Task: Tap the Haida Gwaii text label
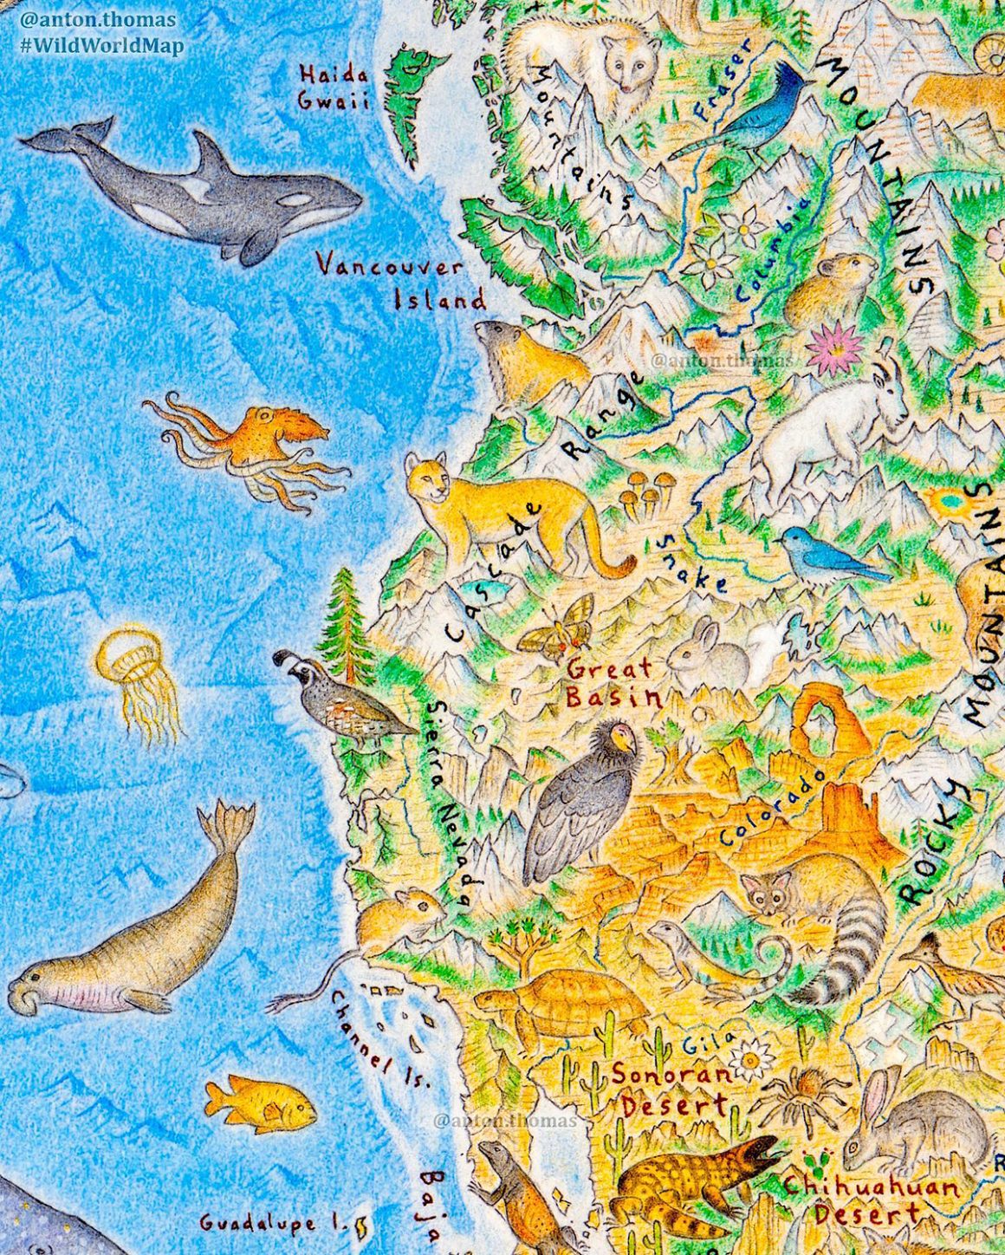coord(334,87)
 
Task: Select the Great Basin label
coord(611,683)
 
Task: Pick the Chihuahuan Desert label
coord(871,1200)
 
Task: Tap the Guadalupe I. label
coord(273,1223)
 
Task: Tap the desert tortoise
coord(563,1005)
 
